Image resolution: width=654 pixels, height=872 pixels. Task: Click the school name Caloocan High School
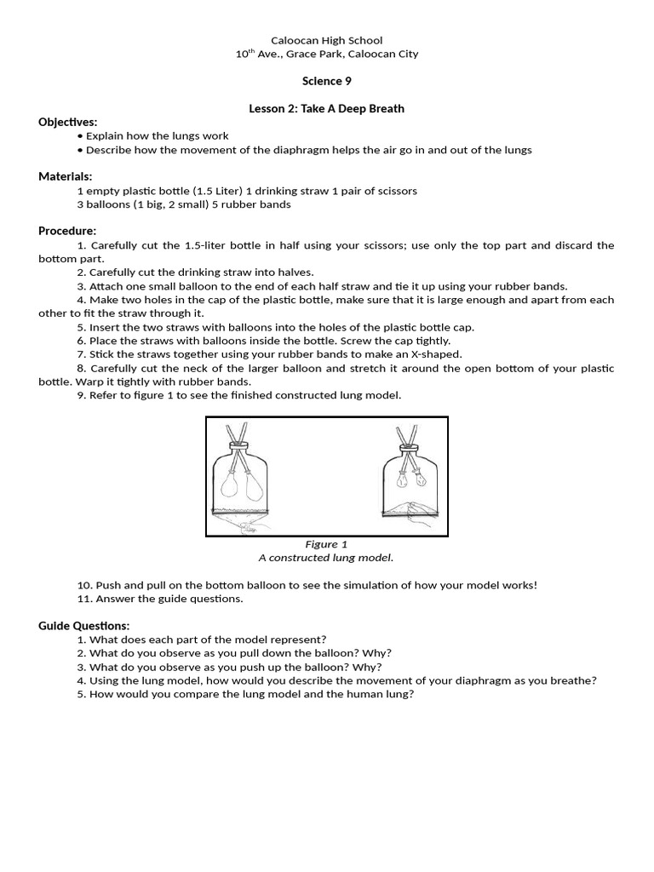pyautogui.click(x=326, y=40)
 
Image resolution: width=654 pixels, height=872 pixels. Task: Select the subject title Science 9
pyautogui.click(x=326, y=81)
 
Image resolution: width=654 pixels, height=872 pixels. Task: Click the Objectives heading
pyautogui.click(x=68, y=122)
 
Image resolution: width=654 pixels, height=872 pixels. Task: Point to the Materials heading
pyautogui.click(x=66, y=176)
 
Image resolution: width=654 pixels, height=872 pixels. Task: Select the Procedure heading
pyautogui.click(x=67, y=231)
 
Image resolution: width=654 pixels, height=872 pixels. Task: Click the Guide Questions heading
pyautogui.click(x=84, y=626)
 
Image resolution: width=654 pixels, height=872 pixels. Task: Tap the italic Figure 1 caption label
pyautogui.click(x=326, y=544)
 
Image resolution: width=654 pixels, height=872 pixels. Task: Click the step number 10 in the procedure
pyautogui.click(x=83, y=585)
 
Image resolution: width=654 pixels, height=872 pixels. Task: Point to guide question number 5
pyautogui.click(x=81, y=694)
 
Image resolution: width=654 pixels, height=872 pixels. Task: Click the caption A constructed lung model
pyautogui.click(x=326, y=558)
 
